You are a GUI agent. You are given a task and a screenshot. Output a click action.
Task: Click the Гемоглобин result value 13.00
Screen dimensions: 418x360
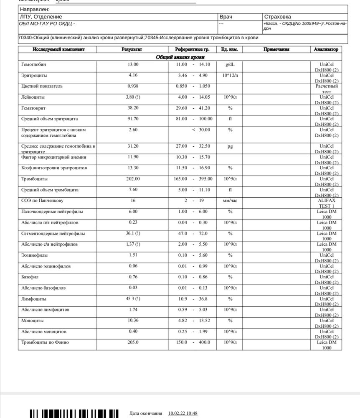pyautogui.click(x=133, y=65)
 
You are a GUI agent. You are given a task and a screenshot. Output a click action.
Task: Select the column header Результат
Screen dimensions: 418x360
pyautogui.click(x=132, y=49)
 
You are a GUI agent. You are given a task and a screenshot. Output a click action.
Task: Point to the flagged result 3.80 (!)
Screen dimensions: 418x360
pyautogui.click(x=133, y=97)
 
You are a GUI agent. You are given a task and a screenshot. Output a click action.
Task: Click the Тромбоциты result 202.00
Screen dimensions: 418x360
pyautogui.click(x=133, y=179)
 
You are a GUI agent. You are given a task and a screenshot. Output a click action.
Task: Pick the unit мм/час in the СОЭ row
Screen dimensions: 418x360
pyautogui.click(x=230, y=201)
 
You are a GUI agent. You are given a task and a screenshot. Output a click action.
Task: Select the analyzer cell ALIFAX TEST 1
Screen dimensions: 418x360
pyautogui.click(x=326, y=203)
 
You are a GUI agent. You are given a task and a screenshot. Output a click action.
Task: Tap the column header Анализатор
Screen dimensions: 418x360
pyautogui.click(x=326, y=49)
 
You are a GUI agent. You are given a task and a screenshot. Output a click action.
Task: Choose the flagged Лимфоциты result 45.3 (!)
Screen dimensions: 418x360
pyautogui.click(x=133, y=299)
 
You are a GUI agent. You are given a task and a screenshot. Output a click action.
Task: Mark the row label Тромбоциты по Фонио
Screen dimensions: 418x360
pyautogui.click(x=45, y=342)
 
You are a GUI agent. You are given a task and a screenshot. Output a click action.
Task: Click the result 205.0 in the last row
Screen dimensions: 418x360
pyautogui.click(x=133, y=342)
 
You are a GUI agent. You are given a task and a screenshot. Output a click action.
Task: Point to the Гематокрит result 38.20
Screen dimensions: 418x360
pyautogui.click(x=133, y=108)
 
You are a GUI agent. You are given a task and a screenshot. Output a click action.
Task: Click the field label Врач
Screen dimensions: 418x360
pyautogui.click(x=226, y=17)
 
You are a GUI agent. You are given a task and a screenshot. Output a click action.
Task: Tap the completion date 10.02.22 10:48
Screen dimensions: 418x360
pyautogui.click(x=183, y=413)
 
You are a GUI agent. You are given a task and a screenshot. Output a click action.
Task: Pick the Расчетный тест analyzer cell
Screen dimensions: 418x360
pyautogui.click(x=326, y=89)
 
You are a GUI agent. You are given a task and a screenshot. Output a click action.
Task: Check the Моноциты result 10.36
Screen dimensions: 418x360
pyautogui.click(x=133, y=321)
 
